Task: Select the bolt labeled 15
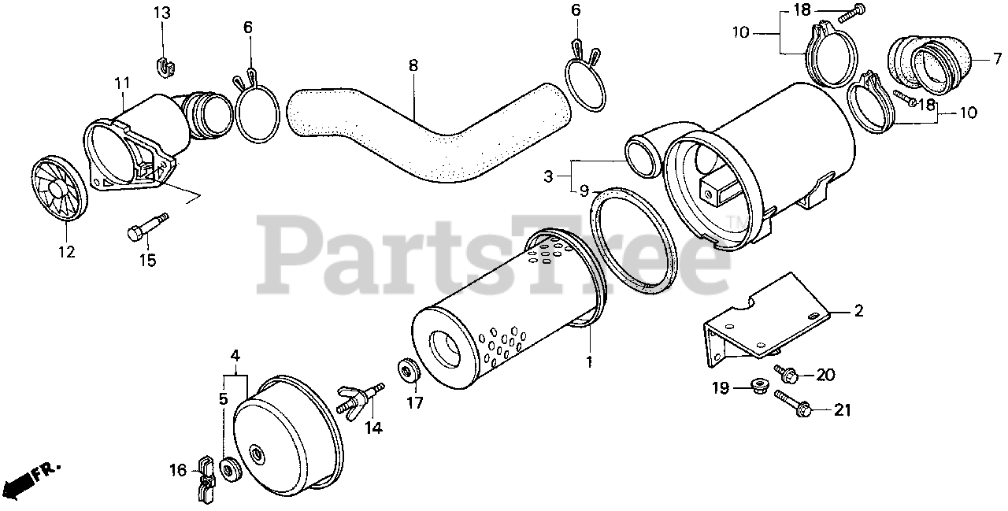pos(145,226)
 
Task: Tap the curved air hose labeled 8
pos(425,134)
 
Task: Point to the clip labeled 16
pos(205,477)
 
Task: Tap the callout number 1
pos(589,362)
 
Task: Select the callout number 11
pos(121,82)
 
